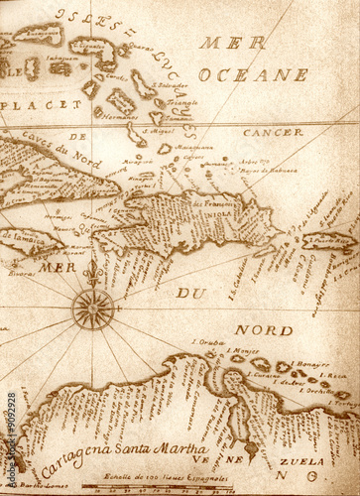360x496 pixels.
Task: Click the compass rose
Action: tap(93, 309)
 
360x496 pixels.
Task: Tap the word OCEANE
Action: tap(253, 74)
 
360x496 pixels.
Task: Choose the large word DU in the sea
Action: tap(190, 293)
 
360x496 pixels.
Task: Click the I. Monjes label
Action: tap(244, 350)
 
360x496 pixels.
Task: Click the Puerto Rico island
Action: tap(328, 239)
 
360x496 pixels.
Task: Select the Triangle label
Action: tap(181, 102)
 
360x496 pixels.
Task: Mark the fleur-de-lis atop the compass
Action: tap(93, 272)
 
